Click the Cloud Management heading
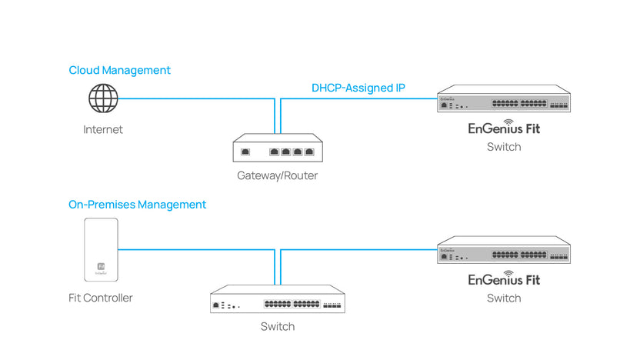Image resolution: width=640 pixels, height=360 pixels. pos(119,70)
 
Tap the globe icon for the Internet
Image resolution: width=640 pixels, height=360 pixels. pos(103,98)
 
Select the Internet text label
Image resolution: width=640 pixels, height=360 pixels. pos(103,129)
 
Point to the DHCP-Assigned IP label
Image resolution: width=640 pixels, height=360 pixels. pos(358,88)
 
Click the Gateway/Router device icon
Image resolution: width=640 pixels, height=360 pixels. pos(277,149)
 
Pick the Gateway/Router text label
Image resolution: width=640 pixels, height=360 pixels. pos(277,176)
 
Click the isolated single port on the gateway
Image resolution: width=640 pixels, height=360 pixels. pos(246,152)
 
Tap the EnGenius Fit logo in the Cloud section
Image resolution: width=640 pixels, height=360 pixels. pos(504,127)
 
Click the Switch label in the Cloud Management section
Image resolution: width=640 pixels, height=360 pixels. pos(504,147)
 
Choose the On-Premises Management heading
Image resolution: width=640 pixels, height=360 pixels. pos(137,205)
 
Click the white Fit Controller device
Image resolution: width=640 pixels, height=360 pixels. pos(102,249)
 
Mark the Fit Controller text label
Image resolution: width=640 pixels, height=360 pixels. pos(100,298)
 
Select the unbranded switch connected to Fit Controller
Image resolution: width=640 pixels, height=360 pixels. pos(277,300)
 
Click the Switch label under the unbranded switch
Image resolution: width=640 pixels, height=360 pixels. pos(277,327)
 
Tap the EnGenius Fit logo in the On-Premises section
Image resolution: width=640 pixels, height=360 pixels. pos(504,278)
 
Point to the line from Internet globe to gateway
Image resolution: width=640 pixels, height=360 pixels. pos(192,98)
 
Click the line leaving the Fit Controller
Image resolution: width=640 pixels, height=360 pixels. pos(192,249)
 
